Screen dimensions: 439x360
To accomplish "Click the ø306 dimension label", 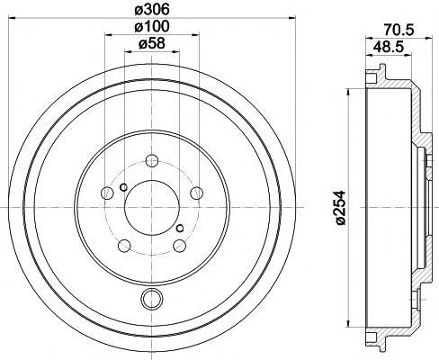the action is [x=152, y=10].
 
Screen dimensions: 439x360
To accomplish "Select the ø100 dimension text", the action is [x=152, y=27].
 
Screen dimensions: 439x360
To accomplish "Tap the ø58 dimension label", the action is [x=152, y=44].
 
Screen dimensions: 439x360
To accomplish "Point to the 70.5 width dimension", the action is [x=399, y=31].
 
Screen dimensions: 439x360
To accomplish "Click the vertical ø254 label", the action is [x=341, y=207].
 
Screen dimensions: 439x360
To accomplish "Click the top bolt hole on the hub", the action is [x=152, y=160].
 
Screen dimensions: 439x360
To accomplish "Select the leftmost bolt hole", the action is [x=107, y=193].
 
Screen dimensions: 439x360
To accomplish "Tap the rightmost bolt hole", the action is [x=197, y=193].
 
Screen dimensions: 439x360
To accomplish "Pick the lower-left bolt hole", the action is [x=124, y=246].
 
